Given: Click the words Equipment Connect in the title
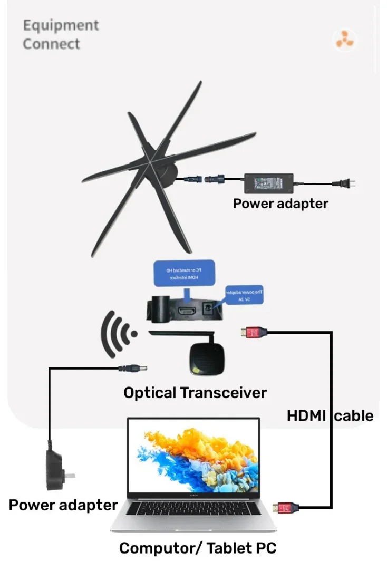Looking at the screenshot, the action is point(61,34).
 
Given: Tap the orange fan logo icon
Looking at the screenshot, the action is point(345,41).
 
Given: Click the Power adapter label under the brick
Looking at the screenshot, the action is point(280,204).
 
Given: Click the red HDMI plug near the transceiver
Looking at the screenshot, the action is point(254,332).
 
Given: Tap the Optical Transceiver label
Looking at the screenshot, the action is point(195,393).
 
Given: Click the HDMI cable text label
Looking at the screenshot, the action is point(330,415).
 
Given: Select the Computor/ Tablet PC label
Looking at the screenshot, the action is point(198,548).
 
